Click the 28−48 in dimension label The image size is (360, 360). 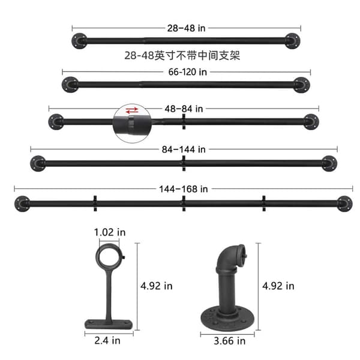tap(186, 28)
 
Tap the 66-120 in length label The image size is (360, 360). tap(188, 72)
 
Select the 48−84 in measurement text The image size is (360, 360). tap(184, 109)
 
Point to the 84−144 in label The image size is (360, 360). tap(184, 149)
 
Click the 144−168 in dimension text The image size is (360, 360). tap(184, 189)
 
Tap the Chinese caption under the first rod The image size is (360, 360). tap(182, 56)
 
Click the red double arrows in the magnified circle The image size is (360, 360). tap(132, 110)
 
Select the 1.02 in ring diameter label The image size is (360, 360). tap(110, 232)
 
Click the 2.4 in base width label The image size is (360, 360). tap(107, 340)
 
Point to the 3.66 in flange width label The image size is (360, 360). tap(230, 341)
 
